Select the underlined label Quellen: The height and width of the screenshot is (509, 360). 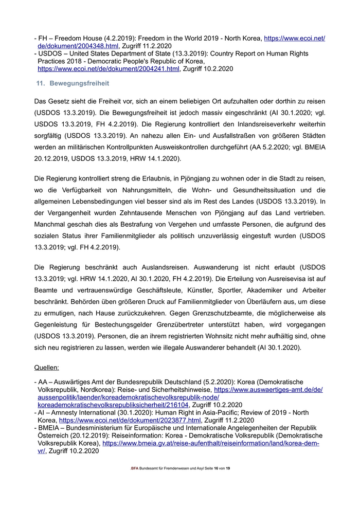46,368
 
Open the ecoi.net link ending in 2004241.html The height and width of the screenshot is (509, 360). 109,68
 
